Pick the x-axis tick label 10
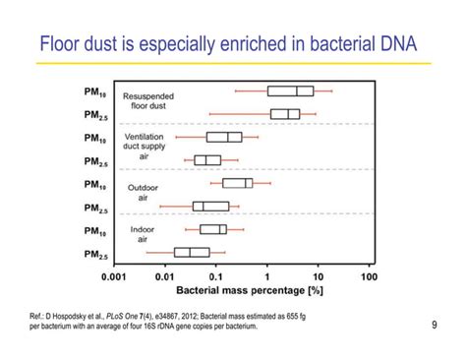pyautogui.click(x=318, y=276)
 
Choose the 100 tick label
pyautogui.click(x=369, y=276)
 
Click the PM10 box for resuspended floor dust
pyautogui.click(x=291, y=91)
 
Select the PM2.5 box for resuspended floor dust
pyautogui.click(x=285, y=114)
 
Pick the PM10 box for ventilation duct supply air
pyautogui.click(x=219, y=138)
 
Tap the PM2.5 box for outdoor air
pyautogui.click(x=210, y=207)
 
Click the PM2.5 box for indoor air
pyautogui.click(x=192, y=253)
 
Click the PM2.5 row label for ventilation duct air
pyautogui.click(x=96, y=161)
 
